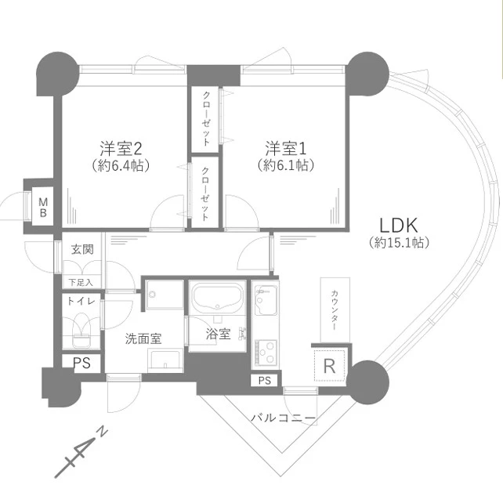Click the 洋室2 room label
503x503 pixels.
(121, 148)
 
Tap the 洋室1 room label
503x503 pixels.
(285, 148)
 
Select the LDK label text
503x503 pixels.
(399, 225)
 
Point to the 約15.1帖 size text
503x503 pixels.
(399, 243)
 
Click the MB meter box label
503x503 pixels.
(43, 207)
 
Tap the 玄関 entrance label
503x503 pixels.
(82, 249)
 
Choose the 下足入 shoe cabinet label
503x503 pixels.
(81, 282)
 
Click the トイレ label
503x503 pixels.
(81, 301)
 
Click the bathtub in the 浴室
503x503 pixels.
(218, 297)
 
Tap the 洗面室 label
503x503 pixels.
(143, 338)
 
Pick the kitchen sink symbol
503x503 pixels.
(266, 300)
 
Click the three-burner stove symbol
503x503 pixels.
(266, 352)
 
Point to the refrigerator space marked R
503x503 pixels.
(330, 366)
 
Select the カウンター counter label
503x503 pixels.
(335, 310)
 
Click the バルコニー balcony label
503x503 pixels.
(283, 418)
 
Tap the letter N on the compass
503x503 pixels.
(103, 432)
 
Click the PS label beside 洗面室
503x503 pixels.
(81, 363)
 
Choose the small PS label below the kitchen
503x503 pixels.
(265, 381)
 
